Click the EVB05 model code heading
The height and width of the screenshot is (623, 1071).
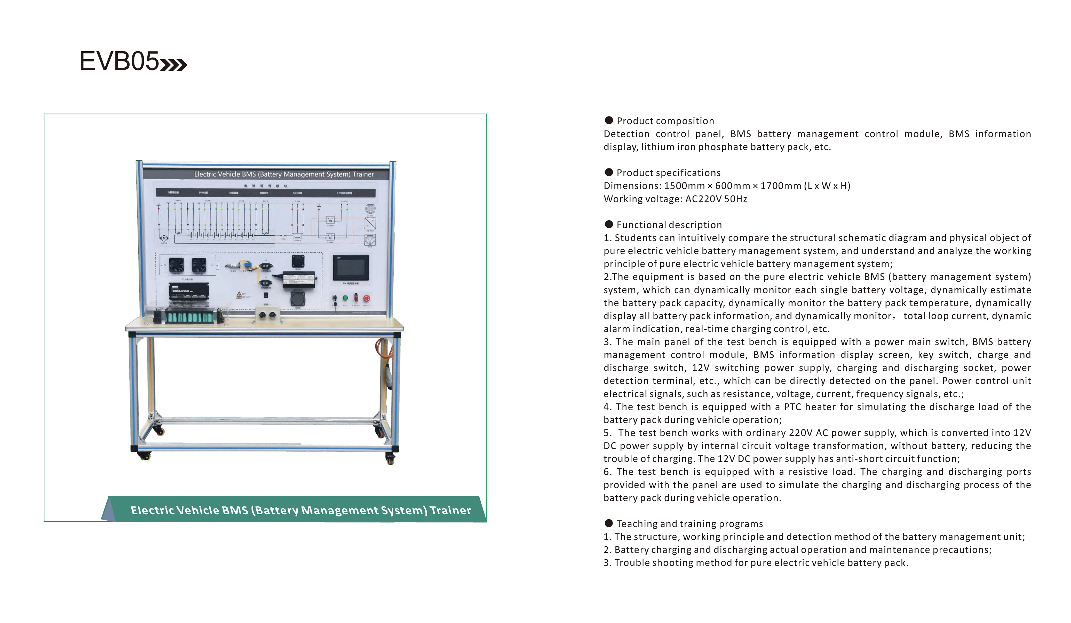pos(119,61)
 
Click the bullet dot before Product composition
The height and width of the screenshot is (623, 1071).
pos(609,120)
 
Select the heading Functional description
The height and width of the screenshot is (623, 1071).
pos(669,225)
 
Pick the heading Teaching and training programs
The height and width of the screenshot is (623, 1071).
pos(689,524)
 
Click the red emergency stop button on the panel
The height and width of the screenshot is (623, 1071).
pos(366,298)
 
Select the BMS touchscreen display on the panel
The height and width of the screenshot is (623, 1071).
pos(351,268)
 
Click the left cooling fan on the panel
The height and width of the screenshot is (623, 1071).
pos(176,265)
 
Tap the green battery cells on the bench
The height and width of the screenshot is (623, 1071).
pos(189,317)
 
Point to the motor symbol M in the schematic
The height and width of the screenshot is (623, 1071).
pos(164,238)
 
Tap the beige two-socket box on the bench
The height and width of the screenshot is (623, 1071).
pos(267,316)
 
